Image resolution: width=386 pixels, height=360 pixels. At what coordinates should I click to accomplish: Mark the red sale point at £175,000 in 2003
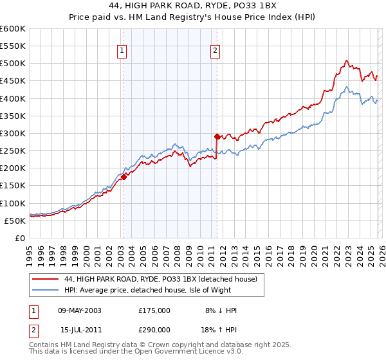124,177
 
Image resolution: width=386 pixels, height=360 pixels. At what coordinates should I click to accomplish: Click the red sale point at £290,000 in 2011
217,137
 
